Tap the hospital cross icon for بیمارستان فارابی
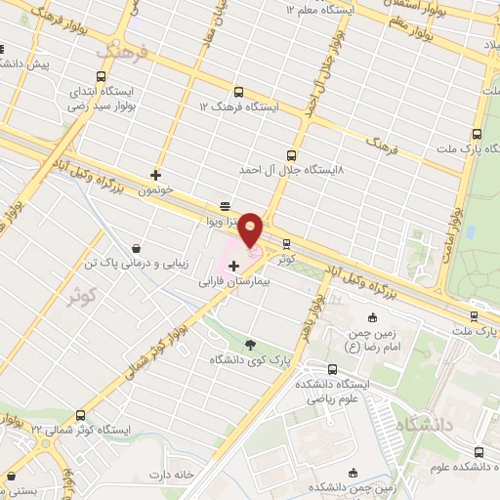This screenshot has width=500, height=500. [233, 266]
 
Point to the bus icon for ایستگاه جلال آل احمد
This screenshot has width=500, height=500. [291, 155]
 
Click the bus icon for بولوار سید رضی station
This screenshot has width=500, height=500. [101, 77]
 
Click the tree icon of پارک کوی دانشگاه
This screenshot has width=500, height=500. [251, 344]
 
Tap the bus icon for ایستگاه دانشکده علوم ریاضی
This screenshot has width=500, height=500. [333, 369]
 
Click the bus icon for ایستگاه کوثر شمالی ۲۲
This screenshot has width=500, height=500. [80, 415]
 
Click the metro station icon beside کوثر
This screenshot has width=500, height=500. [286, 244]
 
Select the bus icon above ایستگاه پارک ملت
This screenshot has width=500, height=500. [477, 134]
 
